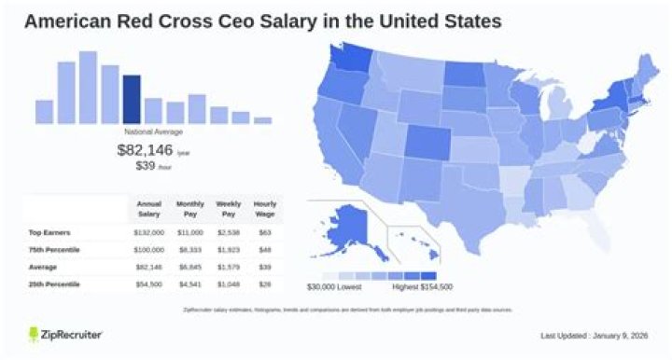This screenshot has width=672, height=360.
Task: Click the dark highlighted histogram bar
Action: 132,100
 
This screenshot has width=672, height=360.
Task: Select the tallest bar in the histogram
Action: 89,88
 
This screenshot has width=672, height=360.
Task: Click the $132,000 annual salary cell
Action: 149,233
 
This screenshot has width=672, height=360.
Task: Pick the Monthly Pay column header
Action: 189,209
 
